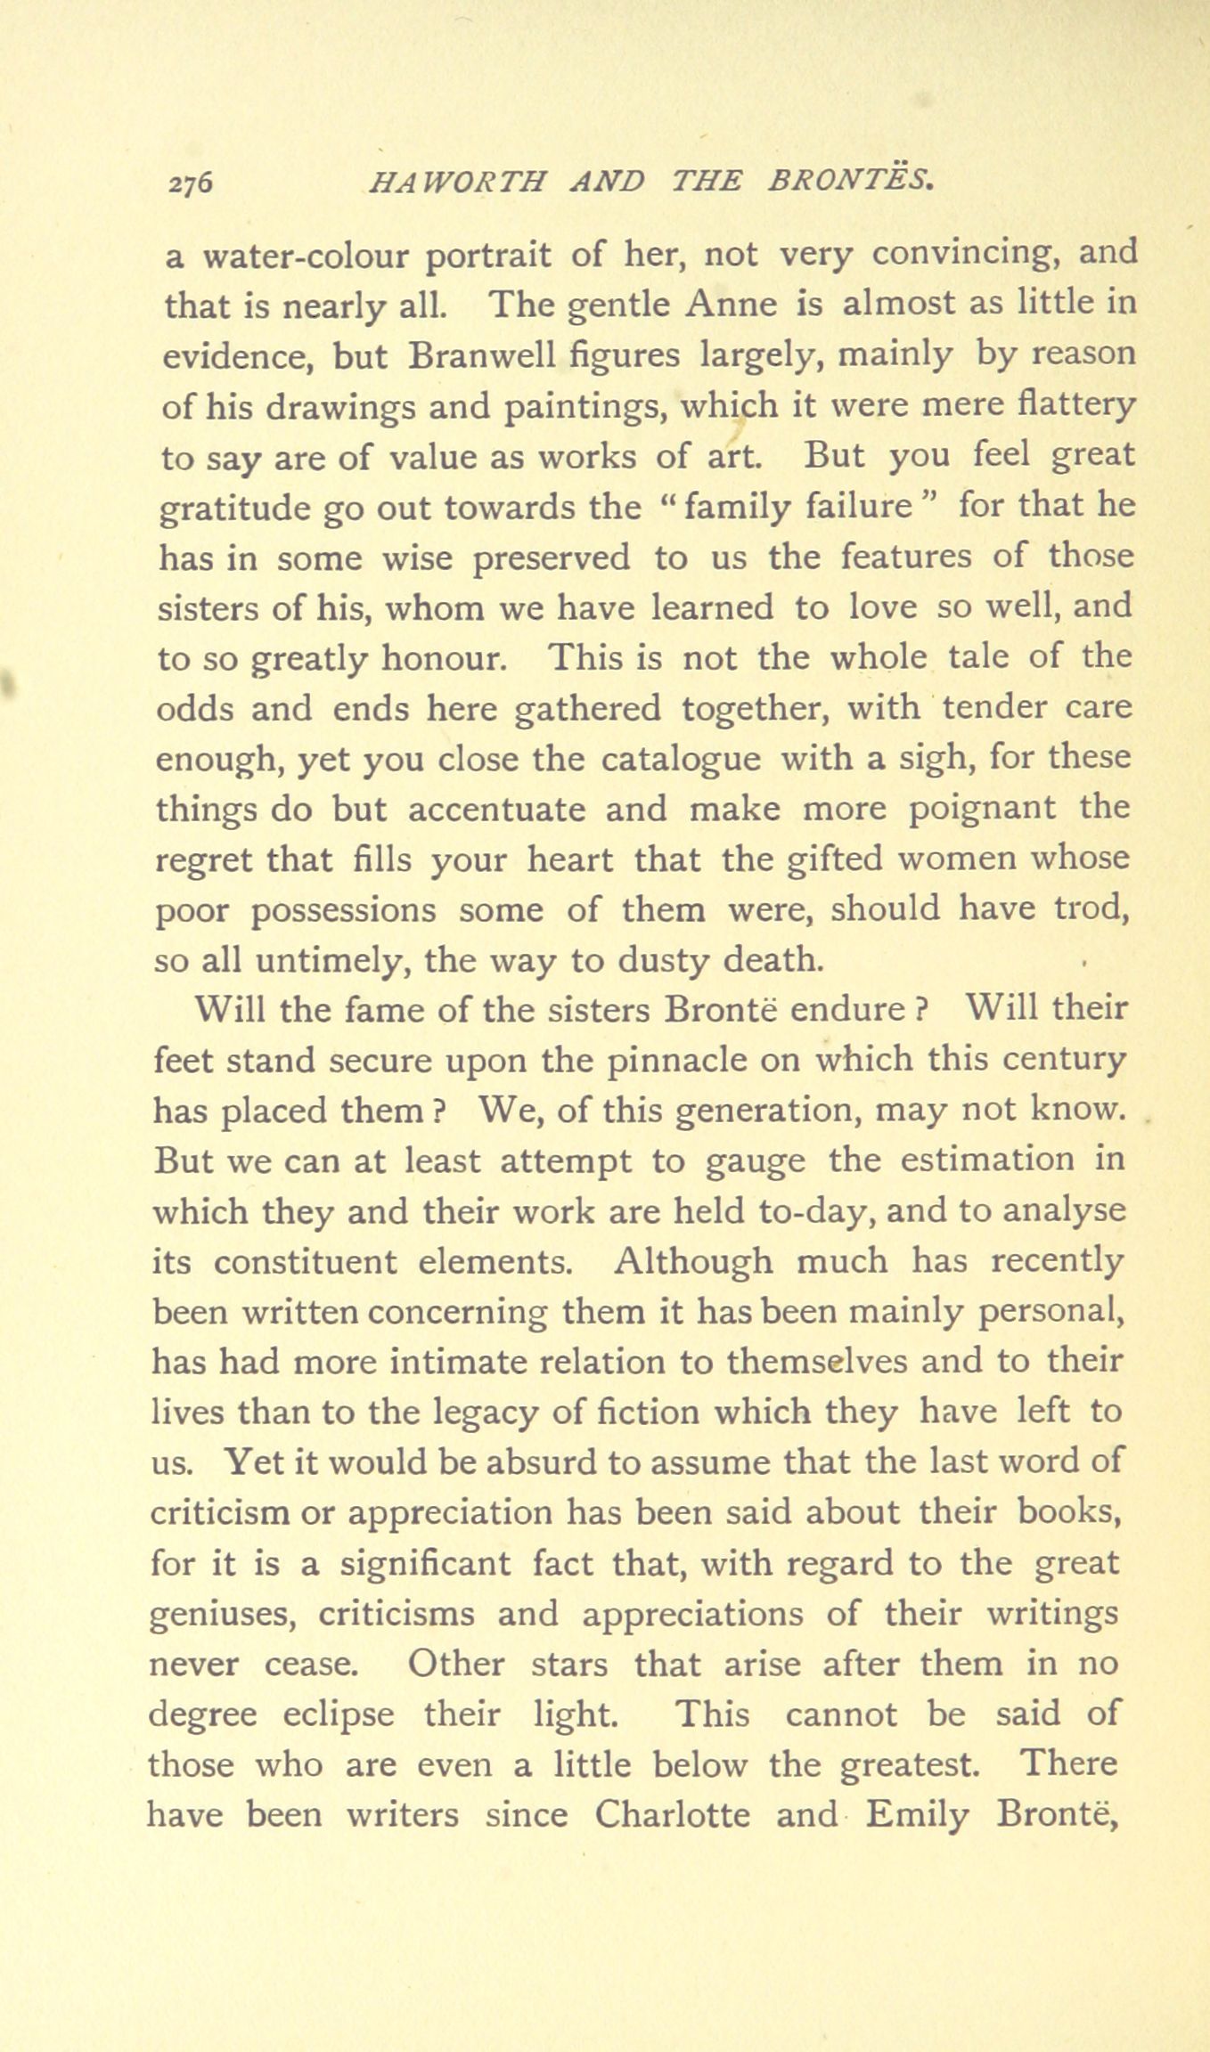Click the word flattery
[x=1076, y=407]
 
